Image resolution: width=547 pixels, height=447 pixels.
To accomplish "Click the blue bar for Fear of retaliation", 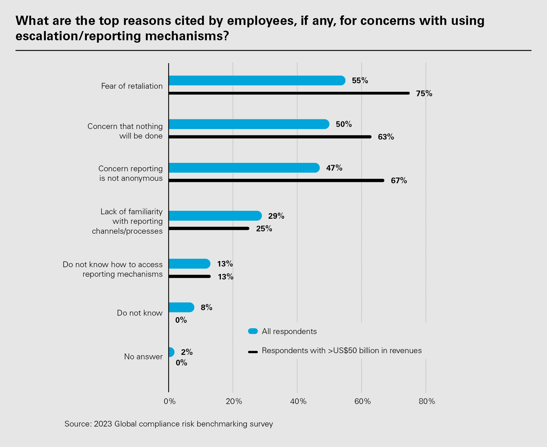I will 256,81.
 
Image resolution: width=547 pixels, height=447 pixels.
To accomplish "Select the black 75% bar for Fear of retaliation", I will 289,93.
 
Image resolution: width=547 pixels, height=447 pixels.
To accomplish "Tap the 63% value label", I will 386,137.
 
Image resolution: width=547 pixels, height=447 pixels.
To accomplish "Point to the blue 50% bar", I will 249,124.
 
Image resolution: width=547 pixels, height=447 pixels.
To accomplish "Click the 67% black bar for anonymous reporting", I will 276,181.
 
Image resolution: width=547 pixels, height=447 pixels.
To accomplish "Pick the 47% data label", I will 334,168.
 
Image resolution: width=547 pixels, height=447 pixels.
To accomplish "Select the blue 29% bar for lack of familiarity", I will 215,216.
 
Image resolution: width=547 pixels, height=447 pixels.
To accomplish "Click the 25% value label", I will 264,229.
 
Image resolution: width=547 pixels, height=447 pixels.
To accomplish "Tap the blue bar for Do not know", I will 181,307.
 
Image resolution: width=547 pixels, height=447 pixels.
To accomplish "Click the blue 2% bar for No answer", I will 171,352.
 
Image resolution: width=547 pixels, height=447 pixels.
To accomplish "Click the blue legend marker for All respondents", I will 253,331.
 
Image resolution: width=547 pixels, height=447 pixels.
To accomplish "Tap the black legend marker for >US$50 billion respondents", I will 253,351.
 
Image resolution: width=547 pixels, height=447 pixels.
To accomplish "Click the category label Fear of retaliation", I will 132,86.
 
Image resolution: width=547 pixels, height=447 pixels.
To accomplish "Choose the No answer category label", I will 143,357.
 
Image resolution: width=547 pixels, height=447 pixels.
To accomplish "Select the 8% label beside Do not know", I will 206,307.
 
